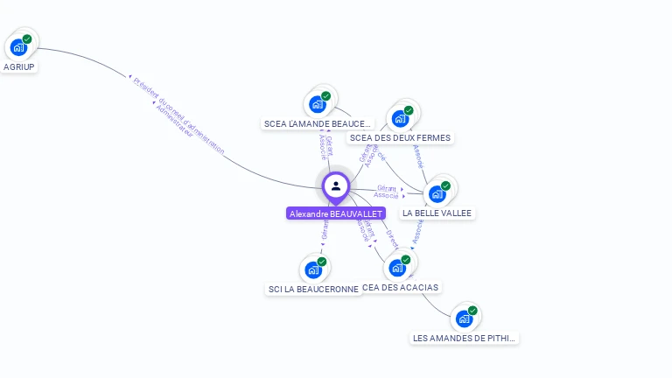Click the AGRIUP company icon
[x=18, y=47]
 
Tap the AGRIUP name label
[x=19, y=66]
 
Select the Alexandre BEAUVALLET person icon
[x=336, y=185]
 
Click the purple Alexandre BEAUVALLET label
[x=336, y=213]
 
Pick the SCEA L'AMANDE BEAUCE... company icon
[x=318, y=104]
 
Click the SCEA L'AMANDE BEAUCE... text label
[x=318, y=124]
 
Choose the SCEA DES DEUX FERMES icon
[x=401, y=118]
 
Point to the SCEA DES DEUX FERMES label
[x=400, y=137]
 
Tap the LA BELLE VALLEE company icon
[x=437, y=193]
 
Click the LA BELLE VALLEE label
[x=437, y=213]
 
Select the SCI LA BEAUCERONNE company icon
[x=313, y=269]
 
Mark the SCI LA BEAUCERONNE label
[x=313, y=289]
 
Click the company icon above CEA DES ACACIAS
[x=397, y=268]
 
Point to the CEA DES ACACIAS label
[x=400, y=287]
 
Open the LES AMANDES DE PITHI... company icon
[x=465, y=318]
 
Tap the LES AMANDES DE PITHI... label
[x=465, y=338]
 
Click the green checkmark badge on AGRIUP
[x=27, y=39]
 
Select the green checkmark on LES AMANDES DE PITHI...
[x=472, y=311]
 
